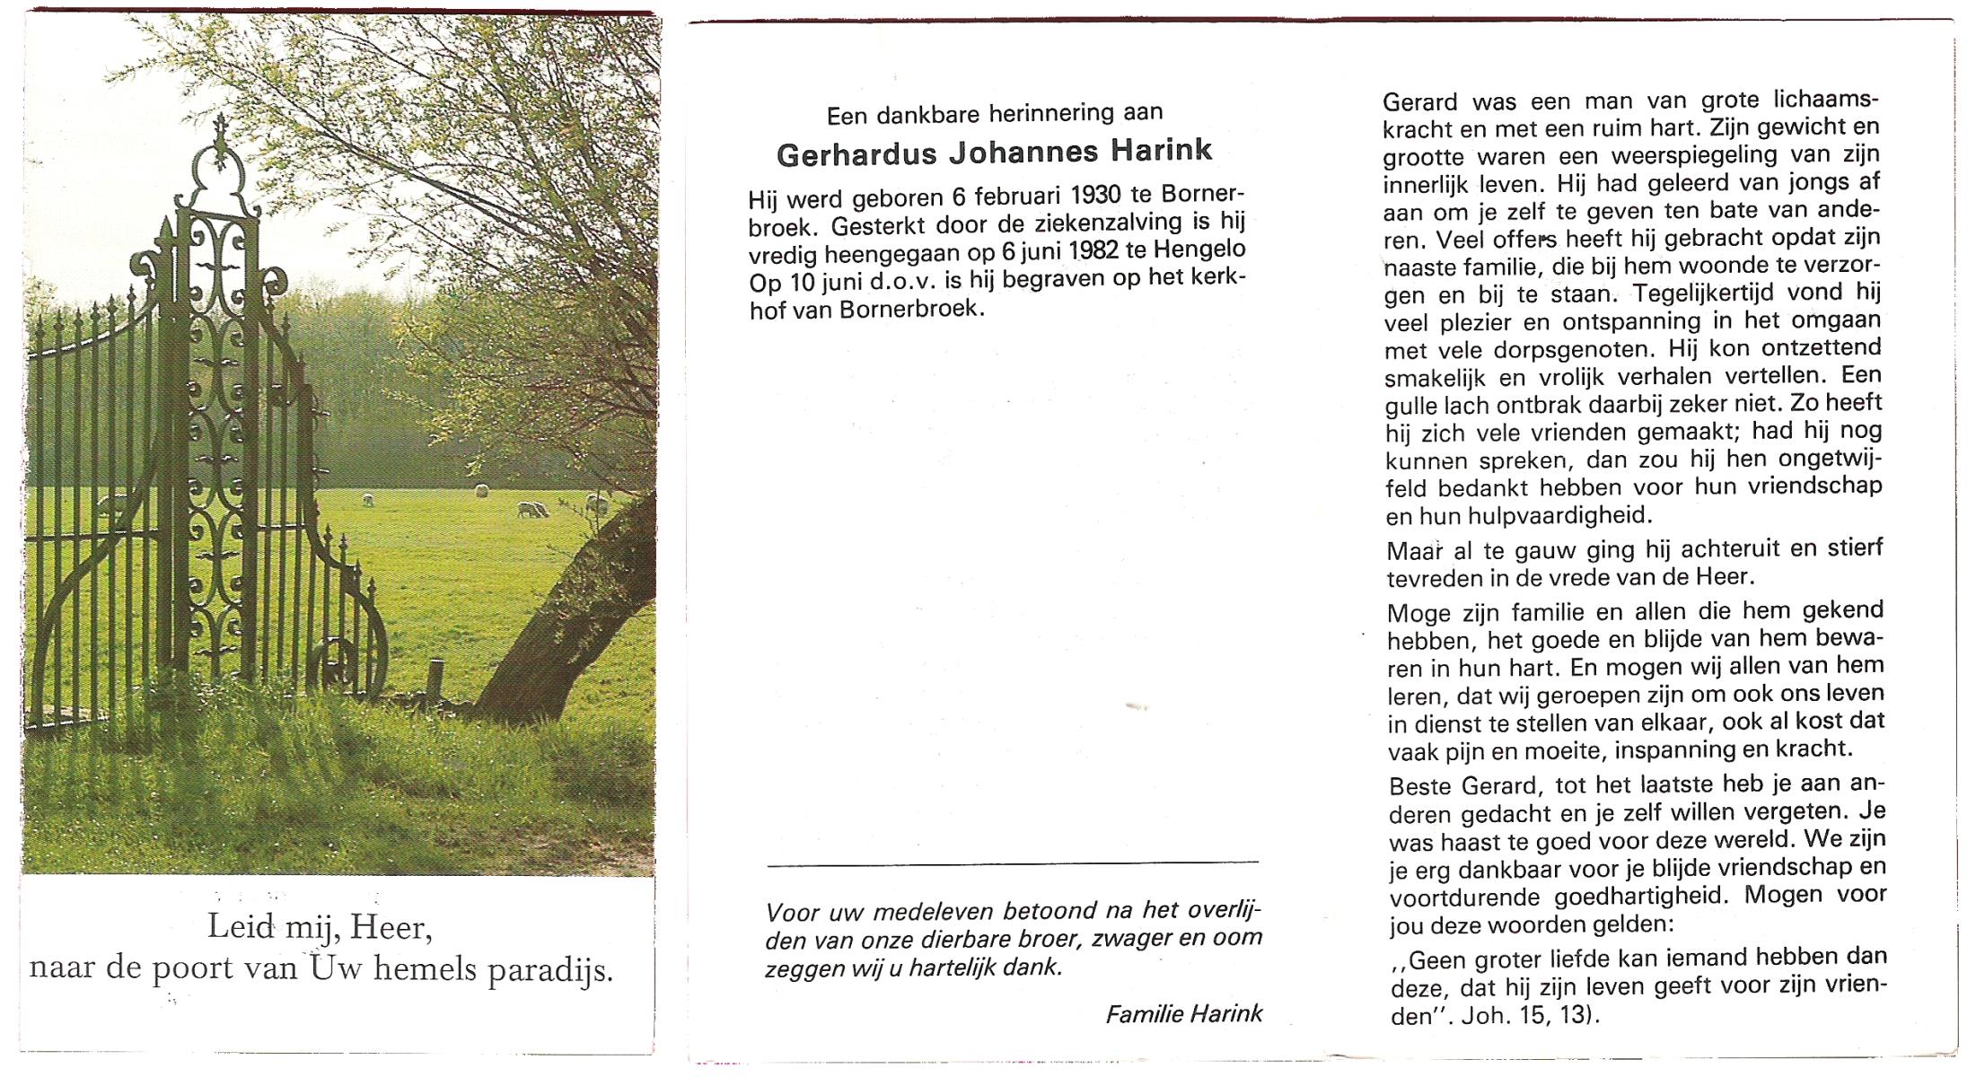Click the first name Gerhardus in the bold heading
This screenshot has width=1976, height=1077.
point(856,154)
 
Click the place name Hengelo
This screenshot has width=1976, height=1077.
point(1191,249)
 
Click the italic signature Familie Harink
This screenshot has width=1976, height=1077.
point(1183,1014)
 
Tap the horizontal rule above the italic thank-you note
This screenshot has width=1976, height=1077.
point(1013,864)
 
